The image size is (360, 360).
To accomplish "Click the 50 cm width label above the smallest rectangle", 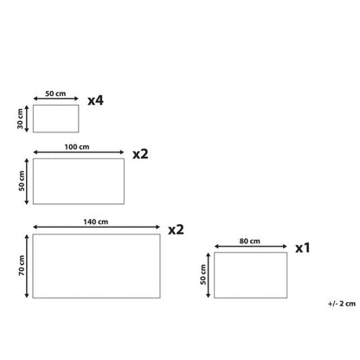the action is pyautogui.click(x=55, y=93).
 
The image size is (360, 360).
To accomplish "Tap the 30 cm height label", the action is pyautogui.click(x=20, y=119).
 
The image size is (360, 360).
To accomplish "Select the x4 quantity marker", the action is pyautogui.click(x=95, y=100).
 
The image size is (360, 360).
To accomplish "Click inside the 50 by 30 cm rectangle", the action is pyautogui.click(x=55, y=119).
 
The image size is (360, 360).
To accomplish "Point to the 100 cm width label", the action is pyautogui.click(x=77, y=147).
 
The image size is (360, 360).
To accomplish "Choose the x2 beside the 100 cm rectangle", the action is pyautogui.click(x=140, y=154).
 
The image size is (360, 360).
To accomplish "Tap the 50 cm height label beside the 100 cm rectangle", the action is pyautogui.click(x=22, y=181).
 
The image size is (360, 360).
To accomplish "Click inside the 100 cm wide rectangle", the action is pyautogui.click(x=79, y=181).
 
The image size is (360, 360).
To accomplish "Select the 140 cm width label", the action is pyautogui.click(x=96, y=222).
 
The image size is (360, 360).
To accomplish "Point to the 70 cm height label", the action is pyautogui.click(x=22, y=266).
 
